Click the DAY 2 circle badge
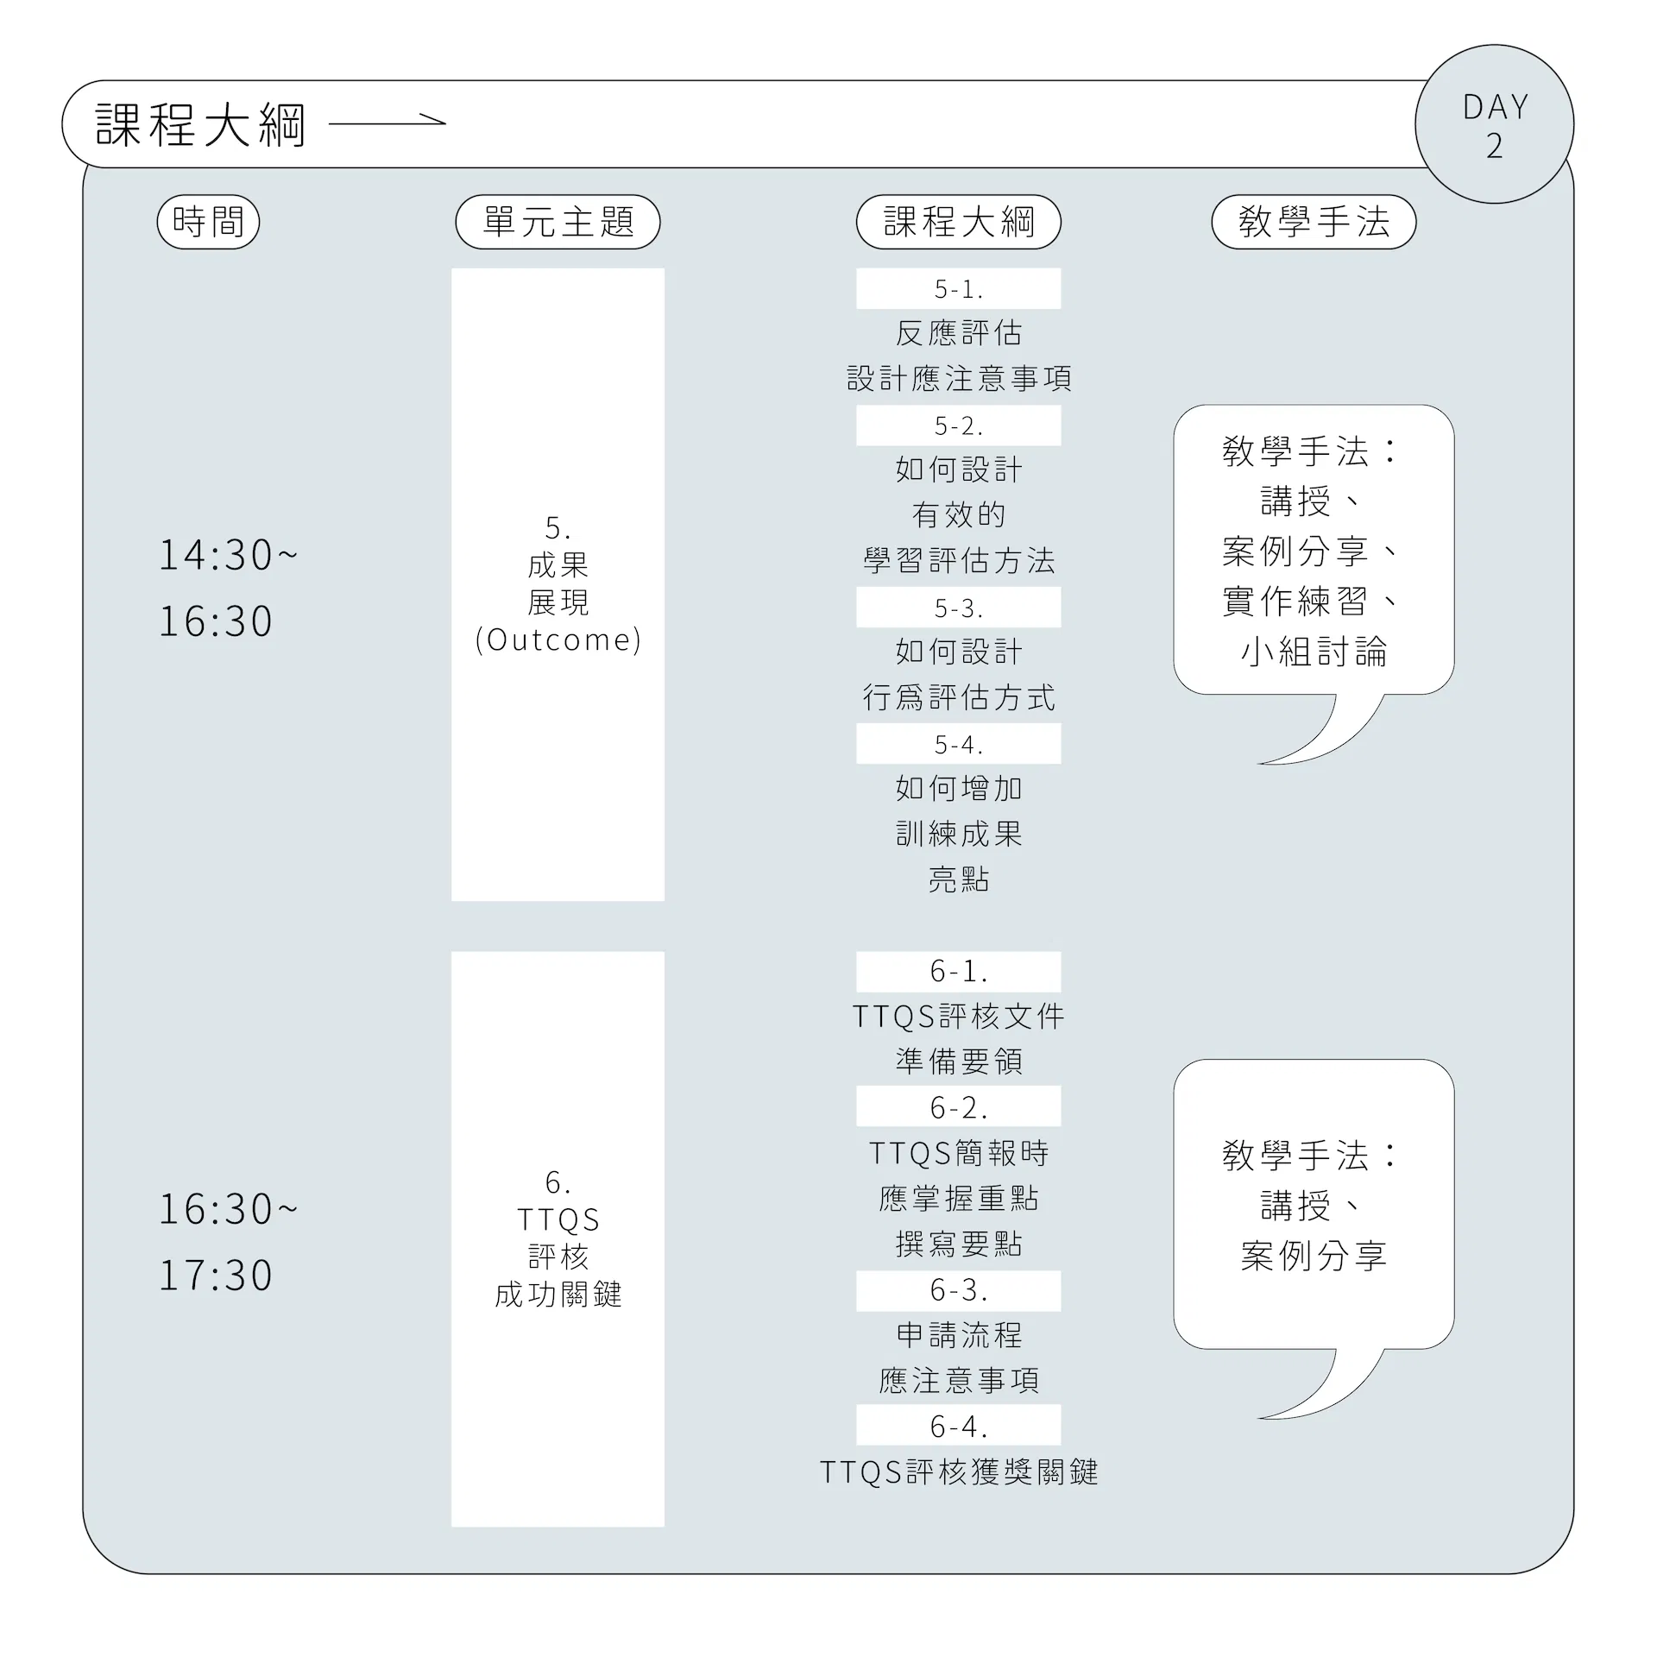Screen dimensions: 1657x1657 point(1494,124)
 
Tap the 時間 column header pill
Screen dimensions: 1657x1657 point(208,222)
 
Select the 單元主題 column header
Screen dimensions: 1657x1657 point(558,222)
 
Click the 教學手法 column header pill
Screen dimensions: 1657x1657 point(1314,222)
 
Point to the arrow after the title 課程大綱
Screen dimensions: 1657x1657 point(387,123)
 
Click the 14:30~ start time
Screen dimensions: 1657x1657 point(228,555)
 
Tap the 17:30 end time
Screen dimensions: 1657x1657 point(216,1276)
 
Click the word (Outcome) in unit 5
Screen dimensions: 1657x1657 point(558,639)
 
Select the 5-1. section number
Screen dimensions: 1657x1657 point(958,289)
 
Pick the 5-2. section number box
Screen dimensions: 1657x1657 point(958,425)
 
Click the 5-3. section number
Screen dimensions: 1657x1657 point(958,608)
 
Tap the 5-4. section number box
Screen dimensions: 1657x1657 point(958,744)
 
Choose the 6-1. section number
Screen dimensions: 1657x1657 point(958,972)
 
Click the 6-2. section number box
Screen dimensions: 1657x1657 point(958,1106)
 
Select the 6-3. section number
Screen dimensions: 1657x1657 point(958,1290)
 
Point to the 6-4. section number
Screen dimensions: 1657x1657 point(958,1426)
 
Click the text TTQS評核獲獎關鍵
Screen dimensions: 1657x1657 point(959,1471)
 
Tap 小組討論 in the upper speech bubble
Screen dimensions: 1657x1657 point(1314,652)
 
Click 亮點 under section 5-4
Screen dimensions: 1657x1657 point(959,879)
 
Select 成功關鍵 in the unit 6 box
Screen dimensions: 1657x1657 point(558,1295)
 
